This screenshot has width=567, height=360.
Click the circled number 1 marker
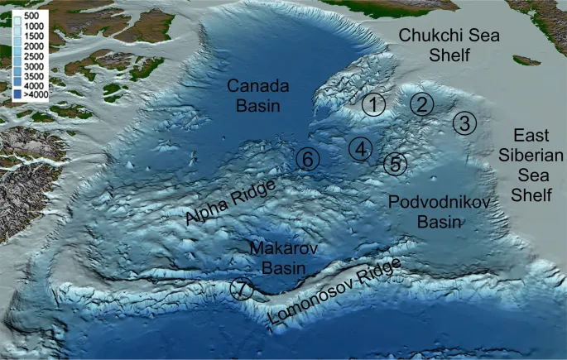(374, 105)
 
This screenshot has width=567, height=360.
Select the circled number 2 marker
(421, 104)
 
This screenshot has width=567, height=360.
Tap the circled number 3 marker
(464, 123)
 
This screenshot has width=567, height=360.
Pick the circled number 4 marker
(360, 149)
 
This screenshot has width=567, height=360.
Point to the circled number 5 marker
(396, 164)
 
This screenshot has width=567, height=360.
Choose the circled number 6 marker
(306, 159)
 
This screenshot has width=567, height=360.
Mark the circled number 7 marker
(241, 290)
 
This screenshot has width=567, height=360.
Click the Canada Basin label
(255, 95)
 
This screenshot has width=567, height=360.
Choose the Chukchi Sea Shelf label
(435, 45)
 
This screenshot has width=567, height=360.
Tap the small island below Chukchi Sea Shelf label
(522, 60)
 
